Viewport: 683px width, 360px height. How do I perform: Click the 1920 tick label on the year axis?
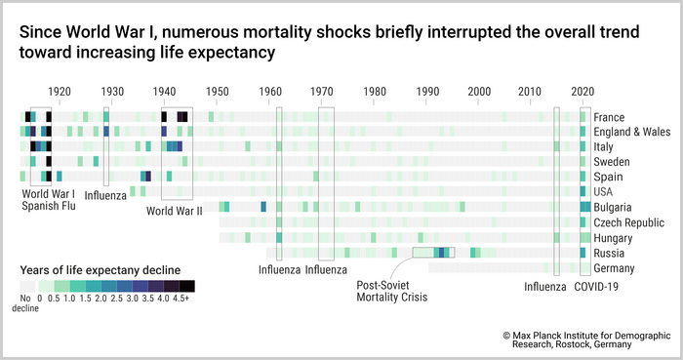click(x=60, y=92)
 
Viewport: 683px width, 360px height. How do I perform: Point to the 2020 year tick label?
click(x=583, y=92)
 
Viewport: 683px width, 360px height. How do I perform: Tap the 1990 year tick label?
click(x=426, y=92)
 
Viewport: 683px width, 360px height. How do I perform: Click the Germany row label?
click(x=615, y=268)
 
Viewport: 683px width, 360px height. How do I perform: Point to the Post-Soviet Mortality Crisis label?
click(x=393, y=292)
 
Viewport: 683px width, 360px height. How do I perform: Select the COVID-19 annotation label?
click(x=596, y=287)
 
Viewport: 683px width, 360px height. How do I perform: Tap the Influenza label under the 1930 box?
click(x=105, y=196)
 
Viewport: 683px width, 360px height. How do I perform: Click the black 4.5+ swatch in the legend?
click(x=187, y=286)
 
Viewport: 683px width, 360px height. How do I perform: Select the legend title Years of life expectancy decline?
click(x=90, y=268)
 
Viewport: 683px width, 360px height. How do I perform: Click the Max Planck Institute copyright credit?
click(x=586, y=339)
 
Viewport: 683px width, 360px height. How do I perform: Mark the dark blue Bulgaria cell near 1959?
click(x=263, y=208)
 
